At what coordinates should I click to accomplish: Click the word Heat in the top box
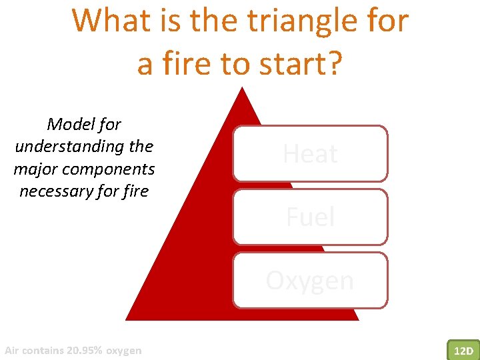pyautogui.click(x=310, y=154)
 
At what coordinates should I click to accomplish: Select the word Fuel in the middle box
pyautogui.click(x=310, y=217)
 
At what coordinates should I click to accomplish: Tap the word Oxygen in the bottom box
pyautogui.click(x=310, y=281)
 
